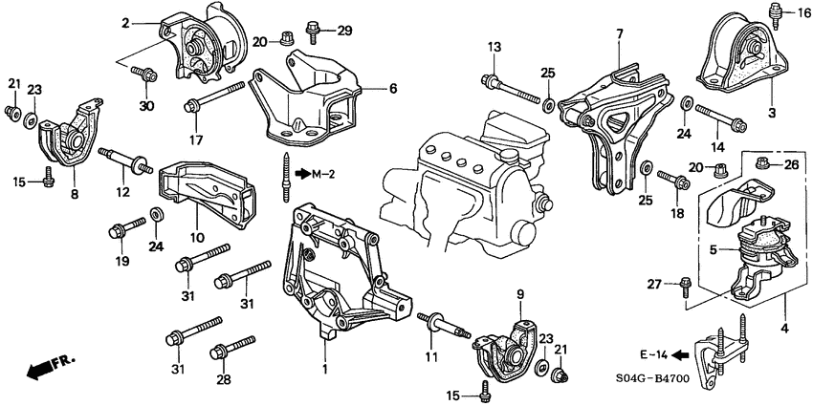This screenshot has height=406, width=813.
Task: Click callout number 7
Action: coord(619,33)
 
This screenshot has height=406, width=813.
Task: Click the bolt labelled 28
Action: coord(232,348)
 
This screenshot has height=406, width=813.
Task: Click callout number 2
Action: coord(123,21)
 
